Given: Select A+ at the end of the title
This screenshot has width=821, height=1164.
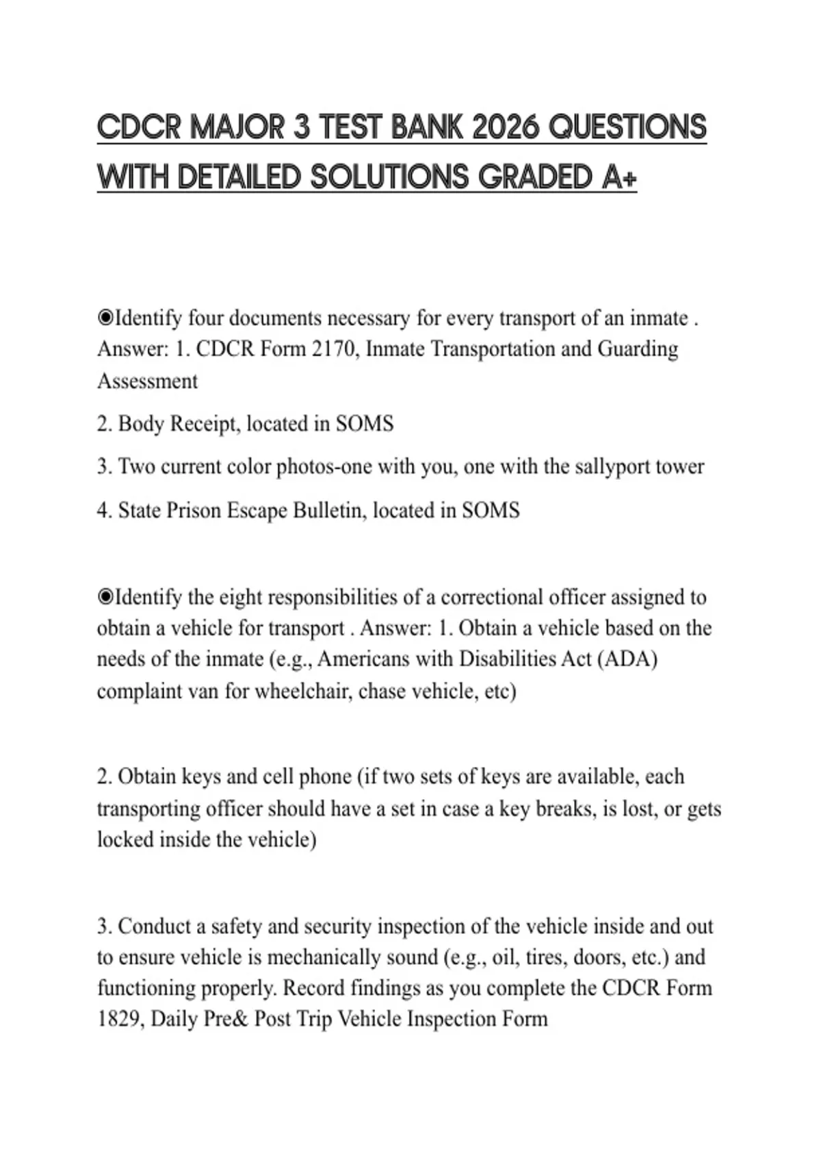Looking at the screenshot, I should (x=619, y=177).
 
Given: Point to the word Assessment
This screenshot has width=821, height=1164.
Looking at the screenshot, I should (x=147, y=381).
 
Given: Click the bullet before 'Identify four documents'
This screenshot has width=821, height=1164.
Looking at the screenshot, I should (x=105, y=318).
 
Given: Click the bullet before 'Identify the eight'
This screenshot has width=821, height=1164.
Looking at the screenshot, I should (x=105, y=597).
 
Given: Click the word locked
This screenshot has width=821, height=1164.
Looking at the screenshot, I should (x=125, y=839).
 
